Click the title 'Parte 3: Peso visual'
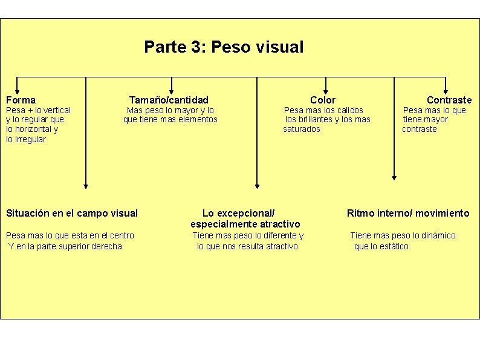224,47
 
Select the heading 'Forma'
21,100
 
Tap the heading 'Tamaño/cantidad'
169,100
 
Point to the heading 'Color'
322,100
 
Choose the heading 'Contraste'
449,100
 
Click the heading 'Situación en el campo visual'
71,213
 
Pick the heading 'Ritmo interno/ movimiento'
407,213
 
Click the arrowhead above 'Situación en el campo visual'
86,185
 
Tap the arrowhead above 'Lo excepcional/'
257,185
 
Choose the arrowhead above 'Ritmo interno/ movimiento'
394,177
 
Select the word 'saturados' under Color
302,129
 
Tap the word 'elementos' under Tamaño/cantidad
198,119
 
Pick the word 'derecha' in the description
106,246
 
